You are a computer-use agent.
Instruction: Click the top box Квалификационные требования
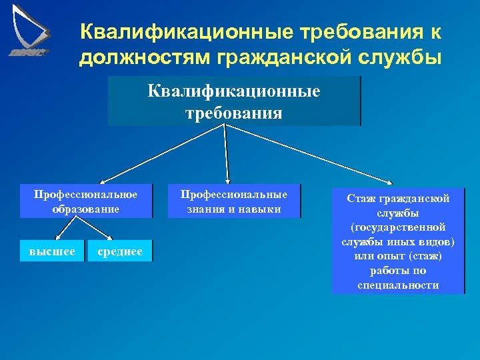[x=234, y=101]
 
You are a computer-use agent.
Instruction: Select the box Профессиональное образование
[x=86, y=201]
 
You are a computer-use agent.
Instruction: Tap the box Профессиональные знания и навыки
[x=234, y=201]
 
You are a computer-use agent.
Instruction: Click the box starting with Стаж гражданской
[x=398, y=241]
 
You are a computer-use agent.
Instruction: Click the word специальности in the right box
[x=398, y=285]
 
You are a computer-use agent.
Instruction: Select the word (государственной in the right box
[x=398, y=227]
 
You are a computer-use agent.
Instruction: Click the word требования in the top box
[x=234, y=113]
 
